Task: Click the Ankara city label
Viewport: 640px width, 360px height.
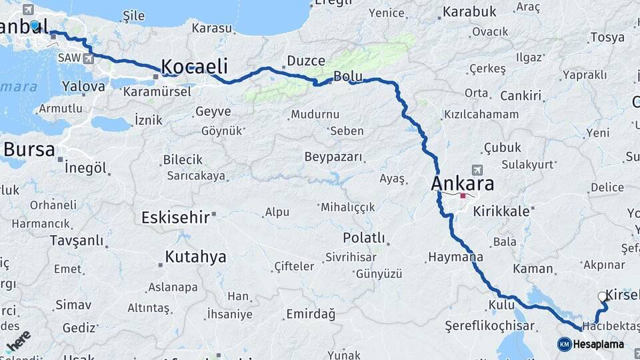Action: (x=463, y=183)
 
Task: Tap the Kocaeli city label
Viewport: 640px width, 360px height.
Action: (x=194, y=67)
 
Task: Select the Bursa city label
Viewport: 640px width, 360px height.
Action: (x=29, y=149)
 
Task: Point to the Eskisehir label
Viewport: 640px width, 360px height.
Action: (x=175, y=217)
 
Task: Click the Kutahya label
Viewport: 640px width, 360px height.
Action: (x=195, y=257)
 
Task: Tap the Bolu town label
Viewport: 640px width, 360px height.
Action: (x=347, y=77)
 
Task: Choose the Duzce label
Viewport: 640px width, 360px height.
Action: (x=306, y=61)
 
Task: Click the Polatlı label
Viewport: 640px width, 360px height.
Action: (x=364, y=238)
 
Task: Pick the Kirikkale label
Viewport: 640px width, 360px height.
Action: (x=501, y=211)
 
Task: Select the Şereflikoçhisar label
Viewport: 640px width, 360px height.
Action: (x=491, y=326)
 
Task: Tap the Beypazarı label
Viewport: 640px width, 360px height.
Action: (x=333, y=157)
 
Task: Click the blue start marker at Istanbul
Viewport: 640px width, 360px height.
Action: (x=35, y=25)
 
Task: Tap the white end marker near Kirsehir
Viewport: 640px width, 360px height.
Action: (x=603, y=297)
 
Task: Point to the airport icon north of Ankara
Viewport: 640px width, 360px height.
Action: (x=476, y=170)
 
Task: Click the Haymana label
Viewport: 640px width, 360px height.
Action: (x=456, y=257)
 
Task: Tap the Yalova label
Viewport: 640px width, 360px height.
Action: (x=83, y=86)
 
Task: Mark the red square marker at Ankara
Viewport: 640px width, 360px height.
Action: (x=463, y=196)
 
